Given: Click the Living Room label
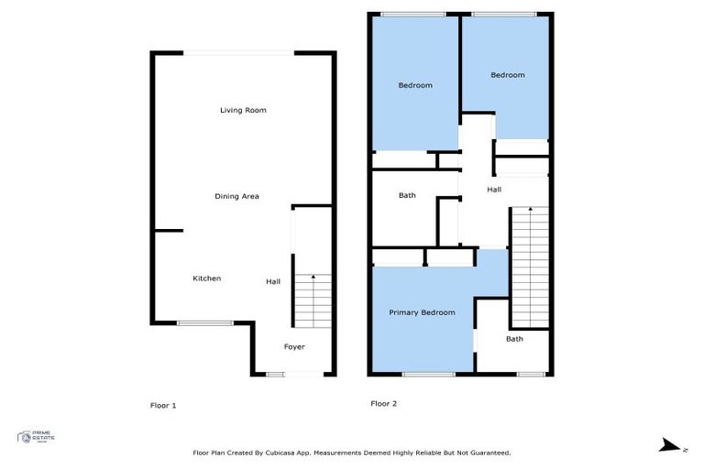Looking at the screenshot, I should (243, 110).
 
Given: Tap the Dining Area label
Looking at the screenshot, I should (237, 196).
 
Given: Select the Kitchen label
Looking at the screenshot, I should (206, 278).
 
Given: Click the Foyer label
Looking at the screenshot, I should (293, 346).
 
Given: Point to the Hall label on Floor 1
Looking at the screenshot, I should (273, 281).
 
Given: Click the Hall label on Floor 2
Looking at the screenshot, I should (494, 190).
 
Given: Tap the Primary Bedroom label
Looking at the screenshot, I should (422, 312).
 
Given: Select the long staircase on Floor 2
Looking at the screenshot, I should (529, 266).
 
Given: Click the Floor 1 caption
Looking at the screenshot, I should (162, 404).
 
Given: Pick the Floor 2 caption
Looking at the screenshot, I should (383, 403).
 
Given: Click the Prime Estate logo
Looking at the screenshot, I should (37, 438).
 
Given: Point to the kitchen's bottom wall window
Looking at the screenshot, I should (205, 322).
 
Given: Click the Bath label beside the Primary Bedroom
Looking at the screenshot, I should (514, 339).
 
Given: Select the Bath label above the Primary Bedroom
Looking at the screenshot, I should (407, 195).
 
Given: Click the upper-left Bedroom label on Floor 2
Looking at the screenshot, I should (414, 85).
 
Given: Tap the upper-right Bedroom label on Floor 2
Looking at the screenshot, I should (507, 75).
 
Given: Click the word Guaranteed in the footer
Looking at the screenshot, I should (486, 453).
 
